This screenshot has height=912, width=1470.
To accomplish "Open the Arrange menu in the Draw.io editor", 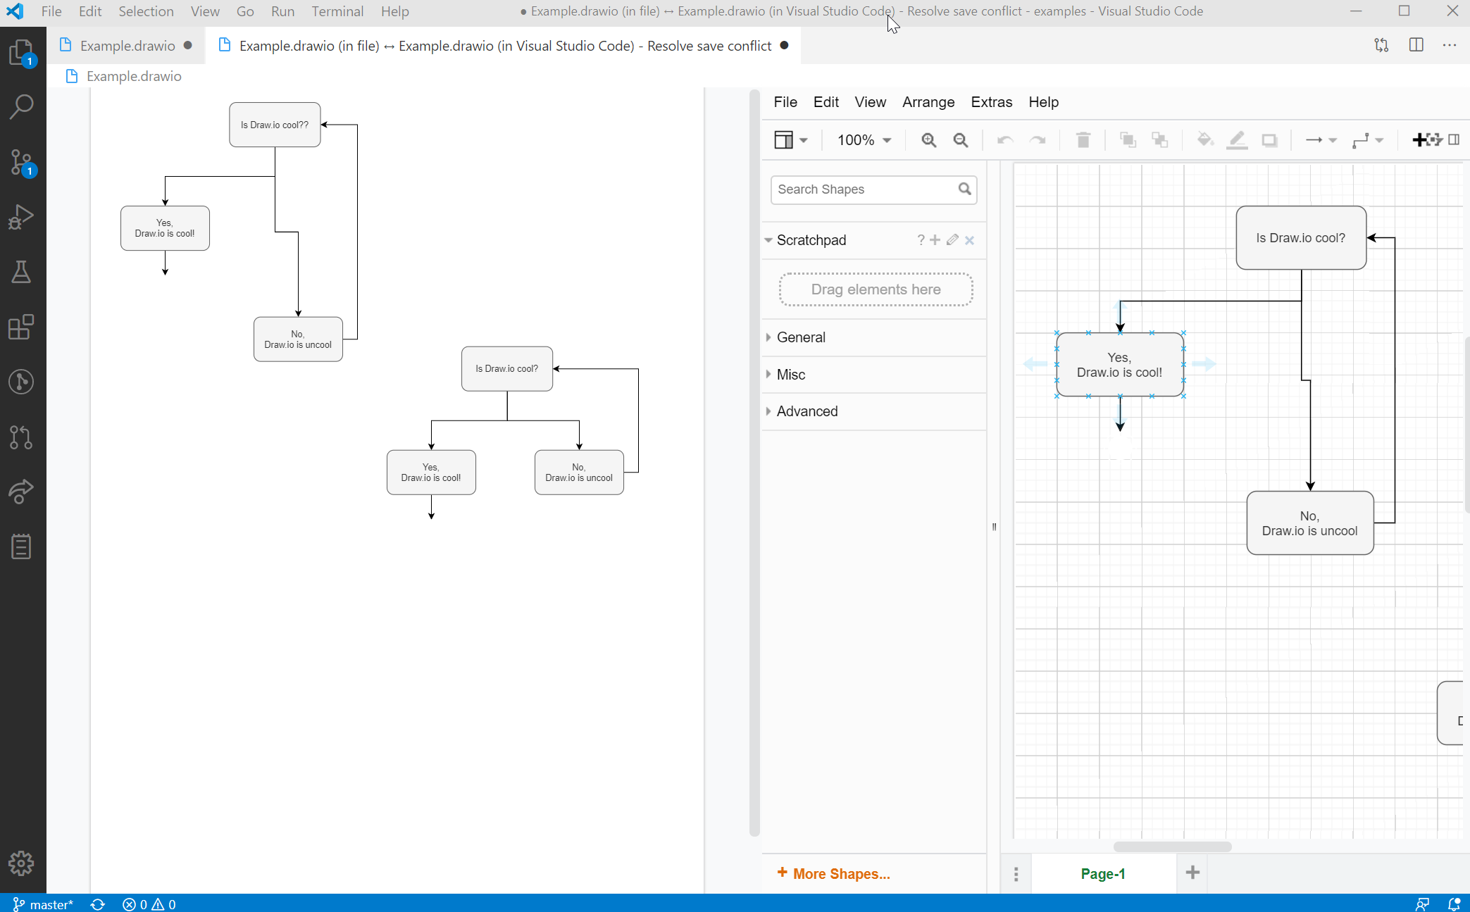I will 928,102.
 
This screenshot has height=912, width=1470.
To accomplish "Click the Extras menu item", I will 991,102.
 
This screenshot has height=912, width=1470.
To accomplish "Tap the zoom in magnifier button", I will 928,140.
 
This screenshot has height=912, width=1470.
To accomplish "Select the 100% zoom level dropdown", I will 864,140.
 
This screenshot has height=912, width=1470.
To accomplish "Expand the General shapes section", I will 801,337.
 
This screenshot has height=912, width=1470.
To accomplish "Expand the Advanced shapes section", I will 806,411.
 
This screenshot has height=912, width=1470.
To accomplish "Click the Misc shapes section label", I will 790,375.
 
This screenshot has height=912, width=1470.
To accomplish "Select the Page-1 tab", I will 1102,873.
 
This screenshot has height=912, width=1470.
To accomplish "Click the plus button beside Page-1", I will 1192,873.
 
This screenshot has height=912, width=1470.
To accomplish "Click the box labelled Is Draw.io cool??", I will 275,125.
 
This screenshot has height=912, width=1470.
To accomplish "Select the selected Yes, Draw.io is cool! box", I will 1119,365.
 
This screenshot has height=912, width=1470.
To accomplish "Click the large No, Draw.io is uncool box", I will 1309,523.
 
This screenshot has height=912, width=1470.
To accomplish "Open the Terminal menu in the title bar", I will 337,11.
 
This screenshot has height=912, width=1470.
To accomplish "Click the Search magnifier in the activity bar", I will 22,107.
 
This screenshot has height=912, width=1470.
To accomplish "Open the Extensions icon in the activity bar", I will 22,327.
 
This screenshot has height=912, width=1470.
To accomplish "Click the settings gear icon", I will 22,863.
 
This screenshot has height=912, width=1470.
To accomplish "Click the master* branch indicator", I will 44,904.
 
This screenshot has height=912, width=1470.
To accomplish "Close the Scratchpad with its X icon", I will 969,240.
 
